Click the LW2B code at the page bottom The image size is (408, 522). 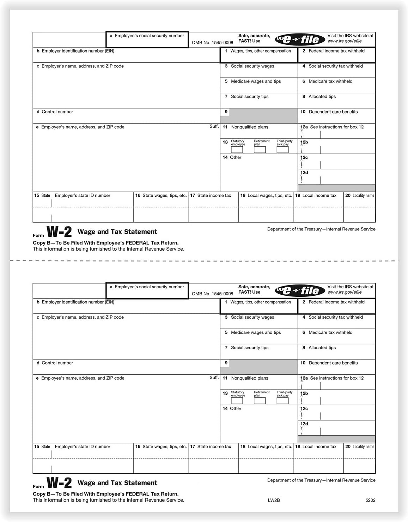click(x=274, y=500)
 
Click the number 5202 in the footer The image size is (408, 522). click(x=370, y=500)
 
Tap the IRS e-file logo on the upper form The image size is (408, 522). click(x=300, y=39)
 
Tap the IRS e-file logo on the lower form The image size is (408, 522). click(x=300, y=291)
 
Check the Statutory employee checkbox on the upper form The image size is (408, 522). click(x=237, y=149)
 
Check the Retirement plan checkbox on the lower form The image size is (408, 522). click(x=260, y=401)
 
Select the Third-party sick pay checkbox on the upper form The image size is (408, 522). click(x=282, y=149)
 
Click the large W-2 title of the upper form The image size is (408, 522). click(x=59, y=232)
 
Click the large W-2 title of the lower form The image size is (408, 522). click(x=59, y=483)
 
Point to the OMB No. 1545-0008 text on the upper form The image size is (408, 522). click(x=212, y=43)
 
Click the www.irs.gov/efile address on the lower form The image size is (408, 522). click(x=345, y=292)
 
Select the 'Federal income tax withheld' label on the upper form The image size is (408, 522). click(x=336, y=51)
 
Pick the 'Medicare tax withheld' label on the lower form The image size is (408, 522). click(x=330, y=332)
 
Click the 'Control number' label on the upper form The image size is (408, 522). click(x=57, y=112)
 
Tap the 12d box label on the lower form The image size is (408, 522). click(x=304, y=424)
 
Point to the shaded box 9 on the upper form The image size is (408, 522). click(x=263, y=116)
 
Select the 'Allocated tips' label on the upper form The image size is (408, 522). click(x=322, y=97)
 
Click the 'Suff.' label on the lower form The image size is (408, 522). click(x=214, y=377)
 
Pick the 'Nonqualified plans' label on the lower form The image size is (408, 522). click(x=250, y=378)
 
